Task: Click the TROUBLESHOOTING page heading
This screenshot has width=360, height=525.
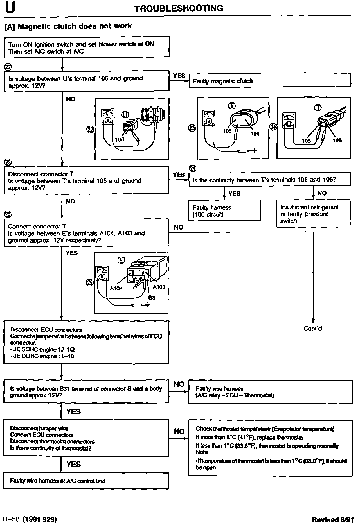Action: click(179, 8)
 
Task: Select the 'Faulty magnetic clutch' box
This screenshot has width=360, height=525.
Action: click(270, 81)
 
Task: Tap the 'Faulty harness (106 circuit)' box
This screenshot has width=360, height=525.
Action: click(224, 211)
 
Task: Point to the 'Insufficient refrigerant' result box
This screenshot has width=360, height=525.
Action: click(313, 214)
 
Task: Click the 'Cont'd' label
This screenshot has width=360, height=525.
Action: click(313, 328)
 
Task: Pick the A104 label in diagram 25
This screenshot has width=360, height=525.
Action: click(116, 288)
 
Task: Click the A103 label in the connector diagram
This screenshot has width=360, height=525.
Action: click(159, 287)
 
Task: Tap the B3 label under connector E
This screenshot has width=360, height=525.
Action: click(152, 298)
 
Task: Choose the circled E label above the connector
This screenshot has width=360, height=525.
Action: click(121, 261)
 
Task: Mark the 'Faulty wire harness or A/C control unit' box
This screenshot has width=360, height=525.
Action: click(86, 481)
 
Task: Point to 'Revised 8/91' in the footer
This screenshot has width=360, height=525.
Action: click(333, 519)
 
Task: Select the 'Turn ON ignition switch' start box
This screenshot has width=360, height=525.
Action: click(87, 47)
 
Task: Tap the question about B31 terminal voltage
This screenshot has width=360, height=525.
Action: click(86, 392)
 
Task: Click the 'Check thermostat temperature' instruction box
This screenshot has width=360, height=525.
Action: click(270, 447)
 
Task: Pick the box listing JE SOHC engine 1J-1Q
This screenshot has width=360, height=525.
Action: click(86, 342)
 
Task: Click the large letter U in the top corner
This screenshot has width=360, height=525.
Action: click(10, 8)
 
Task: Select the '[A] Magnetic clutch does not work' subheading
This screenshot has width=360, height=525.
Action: click(68, 26)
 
